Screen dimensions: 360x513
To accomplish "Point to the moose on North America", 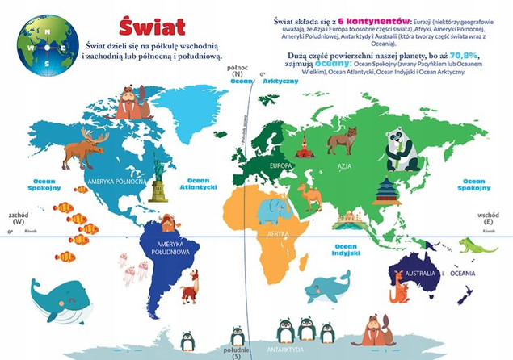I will (84, 150).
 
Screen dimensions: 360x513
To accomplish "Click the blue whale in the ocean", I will (59, 300).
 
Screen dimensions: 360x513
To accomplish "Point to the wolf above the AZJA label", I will (341, 140).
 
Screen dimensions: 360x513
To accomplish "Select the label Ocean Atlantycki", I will (198, 184).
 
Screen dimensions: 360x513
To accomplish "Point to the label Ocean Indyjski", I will (346, 249).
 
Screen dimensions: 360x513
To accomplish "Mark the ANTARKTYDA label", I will (286, 350).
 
